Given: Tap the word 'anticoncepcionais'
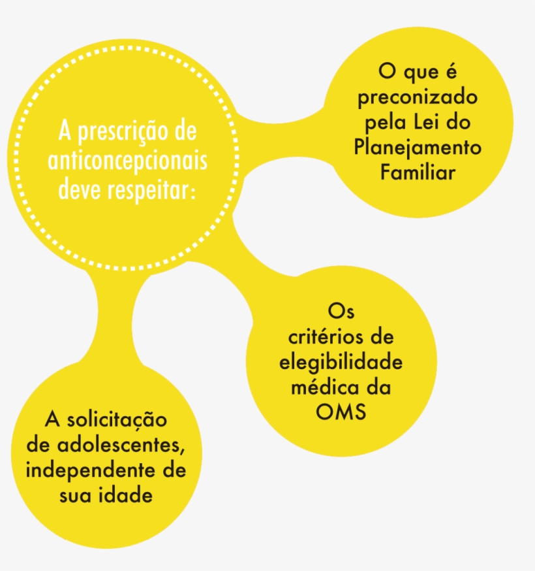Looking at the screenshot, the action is [128, 161].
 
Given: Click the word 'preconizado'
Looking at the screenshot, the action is [418, 98].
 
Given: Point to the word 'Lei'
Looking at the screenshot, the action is [429, 122].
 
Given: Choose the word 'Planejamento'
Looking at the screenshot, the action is [418, 148].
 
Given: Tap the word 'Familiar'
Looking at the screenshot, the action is [418, 172].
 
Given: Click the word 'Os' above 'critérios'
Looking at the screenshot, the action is [341, 312].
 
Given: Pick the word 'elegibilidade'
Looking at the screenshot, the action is [341, 363].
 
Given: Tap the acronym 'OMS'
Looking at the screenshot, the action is [341, 412].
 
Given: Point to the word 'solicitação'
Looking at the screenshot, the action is [117, 420].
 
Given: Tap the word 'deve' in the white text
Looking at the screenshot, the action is [80, 191].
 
